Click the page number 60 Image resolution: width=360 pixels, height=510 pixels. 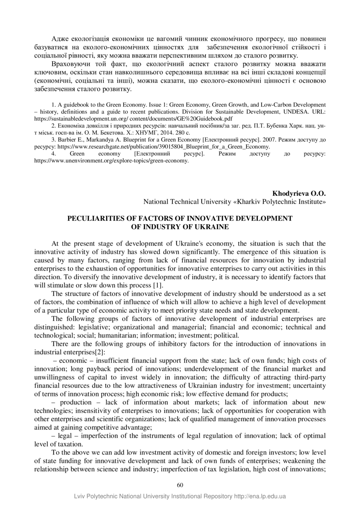point(180,485)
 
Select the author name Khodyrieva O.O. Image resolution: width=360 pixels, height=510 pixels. point(299,193)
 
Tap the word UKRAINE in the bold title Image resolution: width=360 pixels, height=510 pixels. point(207,227)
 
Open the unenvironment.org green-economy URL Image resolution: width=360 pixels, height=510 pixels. point(111,161)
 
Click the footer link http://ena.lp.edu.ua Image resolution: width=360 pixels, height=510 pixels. point(260,496)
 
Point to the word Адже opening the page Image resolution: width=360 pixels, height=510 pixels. point(60,39)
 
